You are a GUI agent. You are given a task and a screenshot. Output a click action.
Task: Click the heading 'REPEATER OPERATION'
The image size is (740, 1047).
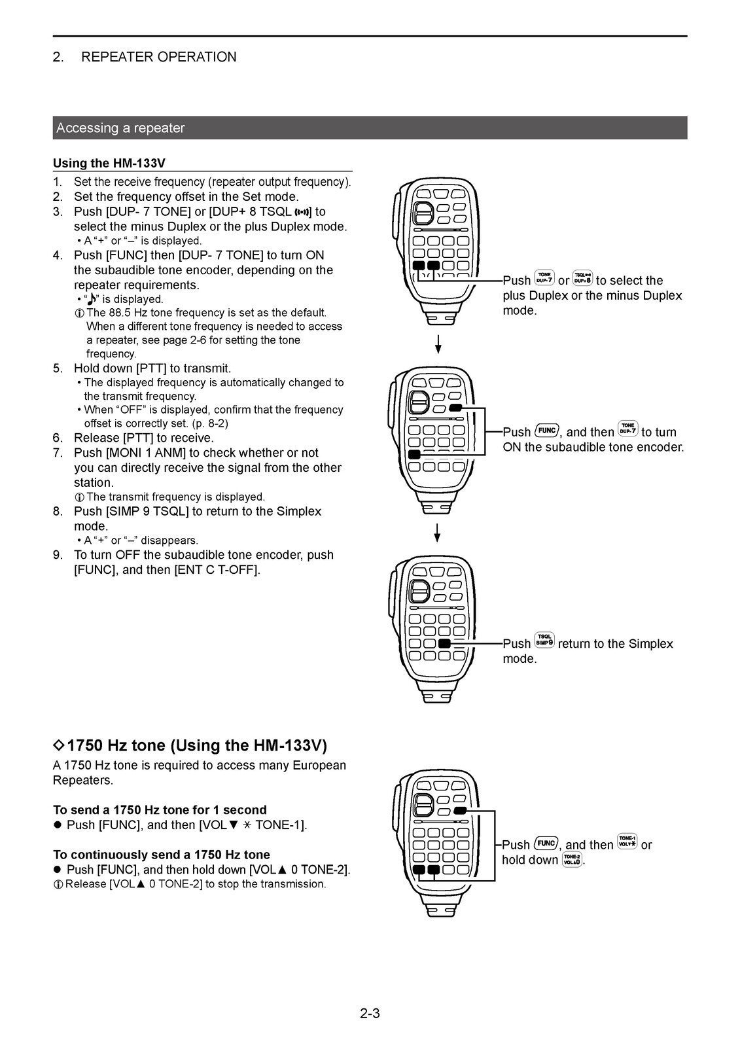tap(158, 57)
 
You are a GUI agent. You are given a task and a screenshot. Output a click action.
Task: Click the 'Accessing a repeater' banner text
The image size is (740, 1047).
tap(120, 128)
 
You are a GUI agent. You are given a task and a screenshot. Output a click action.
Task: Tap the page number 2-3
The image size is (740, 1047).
tap(370, 1014)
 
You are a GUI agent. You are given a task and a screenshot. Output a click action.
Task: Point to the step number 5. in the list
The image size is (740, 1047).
tap(58, 368)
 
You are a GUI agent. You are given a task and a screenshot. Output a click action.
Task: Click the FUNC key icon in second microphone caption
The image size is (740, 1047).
tap(546, 431)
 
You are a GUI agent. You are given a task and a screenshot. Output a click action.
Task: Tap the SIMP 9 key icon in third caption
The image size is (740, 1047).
tap(544, 641)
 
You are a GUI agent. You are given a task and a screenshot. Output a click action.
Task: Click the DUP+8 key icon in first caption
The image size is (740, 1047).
tap(582, 278)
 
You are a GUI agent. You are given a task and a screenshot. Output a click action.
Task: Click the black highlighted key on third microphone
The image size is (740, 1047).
tap(445, 643)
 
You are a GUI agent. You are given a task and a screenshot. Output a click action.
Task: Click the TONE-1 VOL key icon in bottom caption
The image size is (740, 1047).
tap(627, 842)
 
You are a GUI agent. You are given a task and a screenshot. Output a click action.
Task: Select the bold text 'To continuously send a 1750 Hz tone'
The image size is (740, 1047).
tap(161, 855)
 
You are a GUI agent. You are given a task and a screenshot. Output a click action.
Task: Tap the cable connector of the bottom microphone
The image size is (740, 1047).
tap(437, 908)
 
